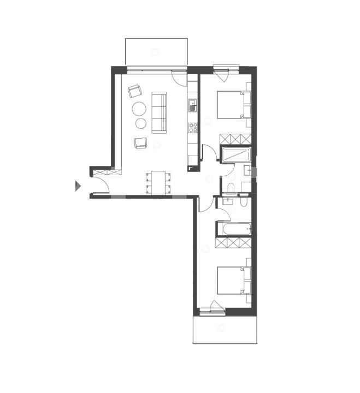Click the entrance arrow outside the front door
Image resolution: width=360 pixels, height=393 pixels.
[78, 186]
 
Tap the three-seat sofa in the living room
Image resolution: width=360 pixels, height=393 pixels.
[159, 112]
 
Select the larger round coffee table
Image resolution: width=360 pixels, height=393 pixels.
[139, 109]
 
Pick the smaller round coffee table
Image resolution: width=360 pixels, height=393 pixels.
[141, 123]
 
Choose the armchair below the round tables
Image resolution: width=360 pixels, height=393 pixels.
[141, 143]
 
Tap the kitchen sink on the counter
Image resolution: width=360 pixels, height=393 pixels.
[192, 105]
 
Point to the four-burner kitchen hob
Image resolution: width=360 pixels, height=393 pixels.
[193, 128]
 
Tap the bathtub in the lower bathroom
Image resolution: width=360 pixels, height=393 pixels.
[234, 228]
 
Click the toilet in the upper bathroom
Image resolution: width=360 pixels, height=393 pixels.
[231, 189]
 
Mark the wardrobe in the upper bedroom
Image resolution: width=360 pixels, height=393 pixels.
[235, 138]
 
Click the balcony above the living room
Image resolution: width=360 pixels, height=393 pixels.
[157, 51]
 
